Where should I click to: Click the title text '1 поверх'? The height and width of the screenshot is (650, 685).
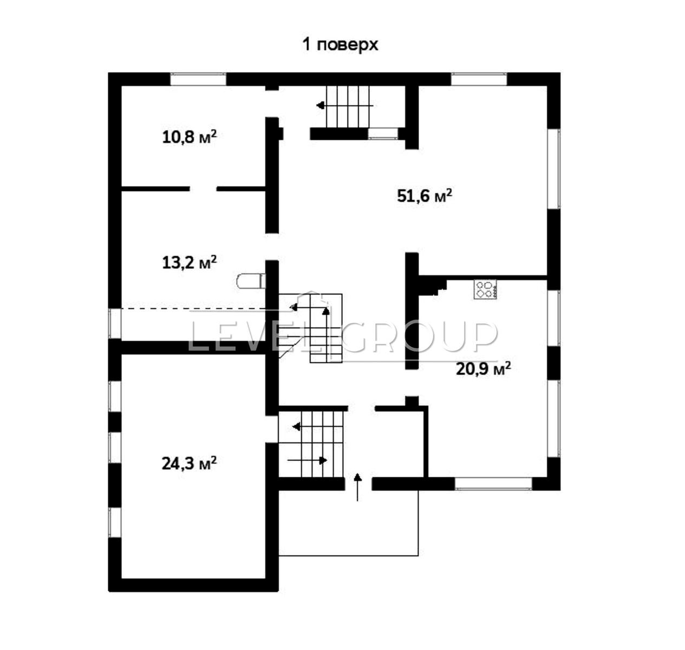pos(340,44)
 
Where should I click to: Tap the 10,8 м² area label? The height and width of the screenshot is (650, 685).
pos(189,136)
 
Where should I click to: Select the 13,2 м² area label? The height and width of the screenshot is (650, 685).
pos(189,263)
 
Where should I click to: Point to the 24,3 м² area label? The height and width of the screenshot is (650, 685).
pos(189,463)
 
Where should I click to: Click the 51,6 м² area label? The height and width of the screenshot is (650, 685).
pos(425,196)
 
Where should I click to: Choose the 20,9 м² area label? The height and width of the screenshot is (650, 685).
pos(483,369)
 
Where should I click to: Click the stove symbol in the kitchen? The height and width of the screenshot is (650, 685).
pos(485,289)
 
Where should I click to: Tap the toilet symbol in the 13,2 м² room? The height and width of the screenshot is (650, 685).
pos(251,281)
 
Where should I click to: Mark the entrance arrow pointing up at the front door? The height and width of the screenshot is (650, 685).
pos(357,486)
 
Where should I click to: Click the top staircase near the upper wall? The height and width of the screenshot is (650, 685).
pos(349,106)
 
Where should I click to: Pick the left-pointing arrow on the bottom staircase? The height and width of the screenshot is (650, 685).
pos(297,426)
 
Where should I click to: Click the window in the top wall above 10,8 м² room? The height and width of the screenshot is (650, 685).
pos(198,79)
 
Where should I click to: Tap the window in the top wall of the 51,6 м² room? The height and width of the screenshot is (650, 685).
pos(479,79)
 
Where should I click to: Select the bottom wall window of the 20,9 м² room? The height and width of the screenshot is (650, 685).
pos(493,484)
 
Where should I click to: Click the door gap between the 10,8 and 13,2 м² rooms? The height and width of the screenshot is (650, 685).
pos(203,188)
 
